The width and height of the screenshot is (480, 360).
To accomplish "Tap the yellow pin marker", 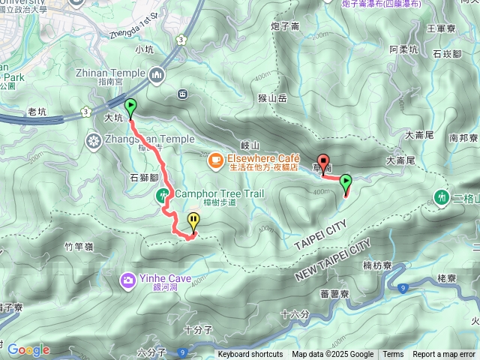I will [194, 221].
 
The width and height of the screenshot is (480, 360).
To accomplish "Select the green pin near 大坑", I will [130, 106].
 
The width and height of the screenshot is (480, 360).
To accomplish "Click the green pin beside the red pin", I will [346, 181].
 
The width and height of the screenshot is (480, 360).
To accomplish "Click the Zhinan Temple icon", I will [157, 74].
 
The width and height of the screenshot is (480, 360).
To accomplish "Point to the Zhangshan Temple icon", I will [94, 139].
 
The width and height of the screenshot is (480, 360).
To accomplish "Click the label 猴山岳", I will [273, 97].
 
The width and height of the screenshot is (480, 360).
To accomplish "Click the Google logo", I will [28, 349].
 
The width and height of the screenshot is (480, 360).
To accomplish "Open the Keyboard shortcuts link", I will [250, 355].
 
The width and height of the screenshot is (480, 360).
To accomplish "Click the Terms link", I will [393, 355].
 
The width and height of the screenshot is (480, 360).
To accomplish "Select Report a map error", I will [443, 355].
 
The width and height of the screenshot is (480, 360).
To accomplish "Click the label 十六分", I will [294, 313].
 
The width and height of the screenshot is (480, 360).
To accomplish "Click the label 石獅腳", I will [143, 178].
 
